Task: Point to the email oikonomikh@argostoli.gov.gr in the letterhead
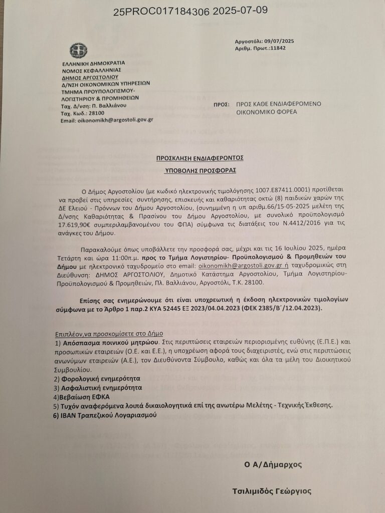coord(106,120)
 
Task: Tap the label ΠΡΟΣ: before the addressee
coord(219,104)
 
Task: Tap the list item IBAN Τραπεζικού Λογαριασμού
coord(108,415)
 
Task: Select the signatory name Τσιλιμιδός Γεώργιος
coord(275,490)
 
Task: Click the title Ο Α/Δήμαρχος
coord(273,464)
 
